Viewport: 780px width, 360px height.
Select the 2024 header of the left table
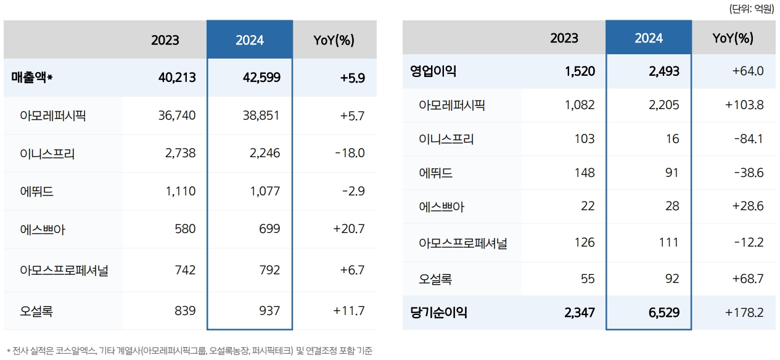[x=250, y=40]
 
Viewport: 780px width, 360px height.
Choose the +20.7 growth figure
[x=349, y=229]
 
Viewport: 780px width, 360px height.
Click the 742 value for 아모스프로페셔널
[x=184, y=270]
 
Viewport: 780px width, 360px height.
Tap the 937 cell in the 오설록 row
[x=269, y=311]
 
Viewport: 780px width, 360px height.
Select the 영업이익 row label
[x=433, y=71]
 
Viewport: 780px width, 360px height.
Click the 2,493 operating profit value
[x=663, y=71]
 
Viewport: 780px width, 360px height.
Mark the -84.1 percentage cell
[x=749, y=139]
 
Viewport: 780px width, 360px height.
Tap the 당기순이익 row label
[x=438, y=313]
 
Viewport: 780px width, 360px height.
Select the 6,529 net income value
[x=663, y=313]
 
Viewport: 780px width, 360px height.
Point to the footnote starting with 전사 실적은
[x=189, y=351]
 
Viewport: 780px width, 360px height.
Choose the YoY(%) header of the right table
[x=733, y=38]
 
